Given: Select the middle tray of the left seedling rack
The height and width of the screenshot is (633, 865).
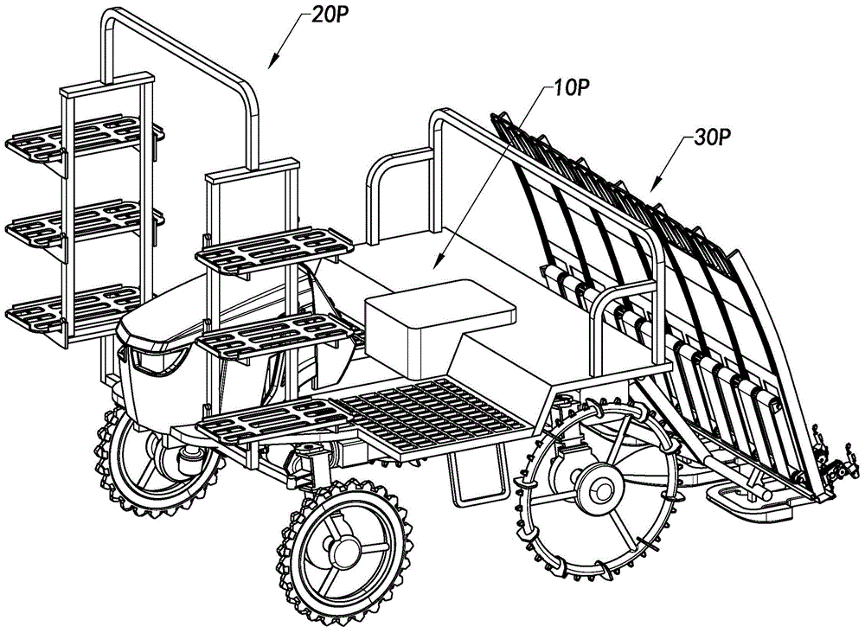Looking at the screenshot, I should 82,222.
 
